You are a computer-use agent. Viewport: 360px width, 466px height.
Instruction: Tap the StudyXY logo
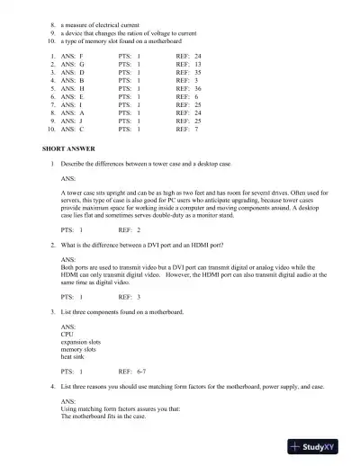coord(320,446)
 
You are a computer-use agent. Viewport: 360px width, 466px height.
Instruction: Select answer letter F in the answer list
coord(82,56)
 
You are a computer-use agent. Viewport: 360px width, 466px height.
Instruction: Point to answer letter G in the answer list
coord(82,65)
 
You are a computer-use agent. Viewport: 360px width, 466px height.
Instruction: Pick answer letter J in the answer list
coord(82,121)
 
